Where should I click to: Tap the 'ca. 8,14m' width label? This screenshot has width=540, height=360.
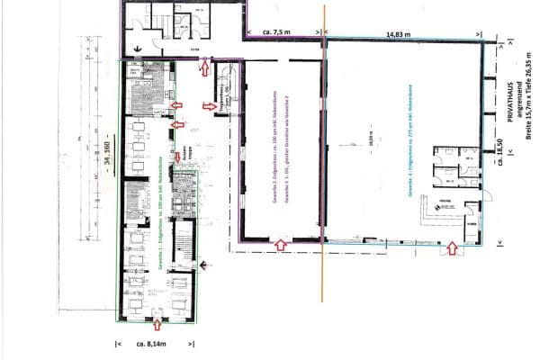point(153,344)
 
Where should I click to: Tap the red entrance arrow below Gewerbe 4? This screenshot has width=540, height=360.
point(451,249)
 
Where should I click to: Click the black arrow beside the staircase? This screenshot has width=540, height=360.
point(206,265)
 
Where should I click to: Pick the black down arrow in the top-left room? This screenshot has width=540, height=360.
point(138,47)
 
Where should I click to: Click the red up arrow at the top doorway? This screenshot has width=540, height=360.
point(205,67)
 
